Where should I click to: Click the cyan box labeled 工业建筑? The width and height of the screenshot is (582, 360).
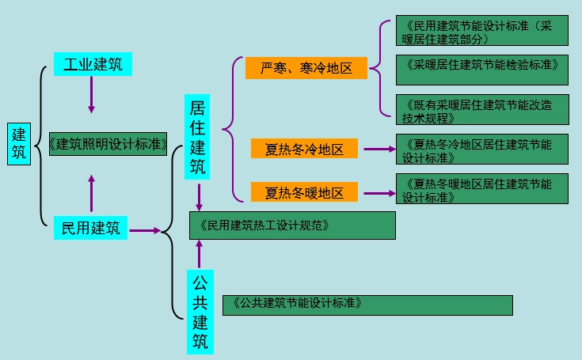tap(93, 64)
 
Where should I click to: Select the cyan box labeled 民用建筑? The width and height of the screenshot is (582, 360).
tap(91, 229)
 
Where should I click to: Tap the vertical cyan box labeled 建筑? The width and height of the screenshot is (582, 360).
tap(19, 144)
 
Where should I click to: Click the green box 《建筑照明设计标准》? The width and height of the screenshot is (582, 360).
tap(108, 143)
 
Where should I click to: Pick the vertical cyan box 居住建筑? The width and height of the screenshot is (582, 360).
tap(199, 137)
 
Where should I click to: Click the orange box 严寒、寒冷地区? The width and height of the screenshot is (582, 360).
tap(306, 68)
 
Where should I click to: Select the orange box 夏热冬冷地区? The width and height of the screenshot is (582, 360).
tap(305, 148)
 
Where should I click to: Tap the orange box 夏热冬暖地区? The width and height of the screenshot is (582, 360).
tap(305, 192)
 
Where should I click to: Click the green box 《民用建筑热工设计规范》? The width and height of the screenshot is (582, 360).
tap(292, 225)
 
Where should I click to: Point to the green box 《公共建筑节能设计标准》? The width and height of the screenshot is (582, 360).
tap(367, 304)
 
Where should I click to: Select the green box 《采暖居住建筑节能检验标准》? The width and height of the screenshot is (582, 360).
tap(482, 69)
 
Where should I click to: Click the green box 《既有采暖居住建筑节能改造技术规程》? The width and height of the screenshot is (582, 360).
tap(482, 109)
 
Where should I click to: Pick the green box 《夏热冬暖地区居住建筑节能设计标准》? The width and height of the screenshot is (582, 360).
tap(482, 189)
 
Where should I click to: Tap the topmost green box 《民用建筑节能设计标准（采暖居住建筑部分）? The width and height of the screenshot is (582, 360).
tap(482, 31)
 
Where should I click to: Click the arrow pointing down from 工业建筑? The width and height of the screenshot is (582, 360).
tap(92, 95)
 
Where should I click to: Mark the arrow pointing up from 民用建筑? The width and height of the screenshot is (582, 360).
tap(92, 192)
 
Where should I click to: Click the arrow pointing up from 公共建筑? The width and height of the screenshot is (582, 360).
tap(199, 253)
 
